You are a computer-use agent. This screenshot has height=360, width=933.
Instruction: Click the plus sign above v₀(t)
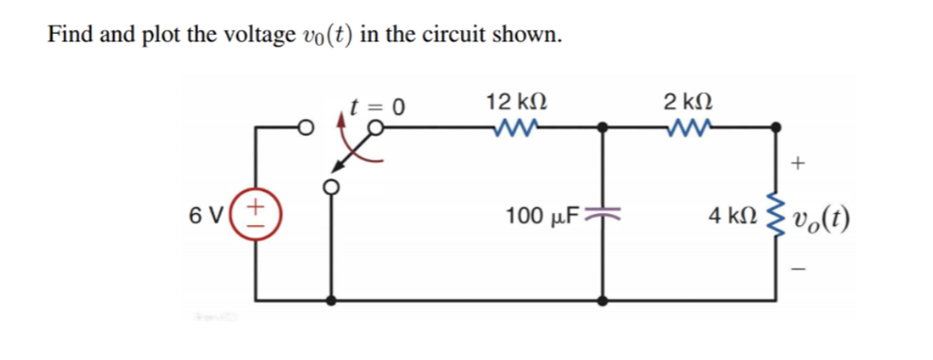tap(798, 164)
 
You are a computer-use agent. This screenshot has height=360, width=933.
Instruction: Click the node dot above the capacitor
tap(600, 129)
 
